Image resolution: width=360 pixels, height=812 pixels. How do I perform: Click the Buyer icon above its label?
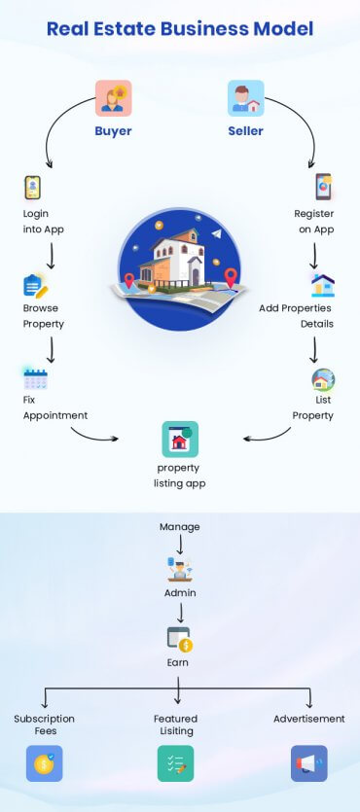point(113,98)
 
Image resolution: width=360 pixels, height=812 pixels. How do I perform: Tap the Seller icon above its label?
point(245,98)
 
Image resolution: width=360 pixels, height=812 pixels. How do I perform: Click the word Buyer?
point(113,131)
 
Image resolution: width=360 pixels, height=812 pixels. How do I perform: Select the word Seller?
point(245,131)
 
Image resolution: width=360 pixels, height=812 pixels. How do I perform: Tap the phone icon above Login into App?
point(32,187)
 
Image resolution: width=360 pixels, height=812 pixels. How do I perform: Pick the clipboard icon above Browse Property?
point(34,286)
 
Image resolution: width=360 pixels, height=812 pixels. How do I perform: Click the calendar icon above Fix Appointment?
point(35,378)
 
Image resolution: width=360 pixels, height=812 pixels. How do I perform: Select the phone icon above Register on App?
point(323,187)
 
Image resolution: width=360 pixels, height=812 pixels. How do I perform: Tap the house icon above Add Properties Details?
point(322,285)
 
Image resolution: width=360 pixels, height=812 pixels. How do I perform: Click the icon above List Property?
point(322,379)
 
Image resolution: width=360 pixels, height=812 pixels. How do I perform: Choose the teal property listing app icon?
point(180,440)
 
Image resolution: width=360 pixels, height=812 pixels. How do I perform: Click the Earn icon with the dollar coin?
point(179,638)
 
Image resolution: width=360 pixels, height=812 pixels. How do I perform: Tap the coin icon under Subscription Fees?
point(44,763)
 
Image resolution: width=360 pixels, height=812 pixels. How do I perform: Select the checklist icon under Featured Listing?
point(176,763)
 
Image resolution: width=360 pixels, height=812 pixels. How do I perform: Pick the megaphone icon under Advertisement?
point(308,763)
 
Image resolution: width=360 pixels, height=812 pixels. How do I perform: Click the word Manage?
point(180,527)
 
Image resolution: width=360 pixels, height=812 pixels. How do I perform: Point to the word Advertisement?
point(308,719)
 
